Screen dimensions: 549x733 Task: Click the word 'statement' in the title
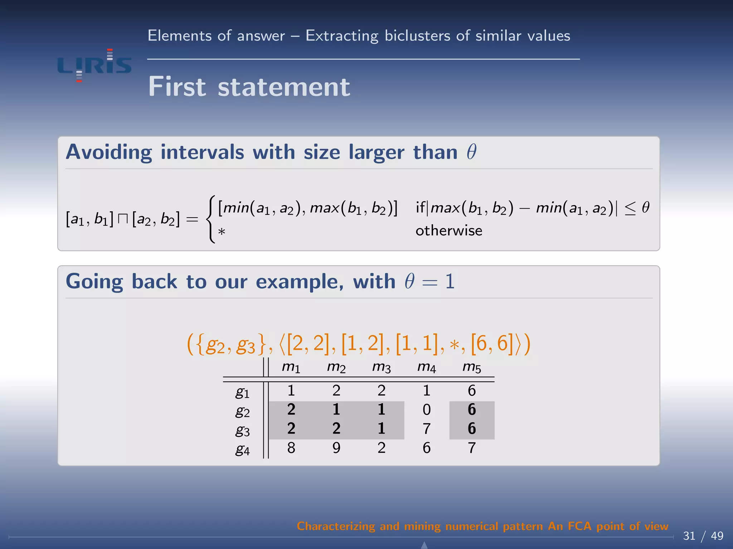(284, 87)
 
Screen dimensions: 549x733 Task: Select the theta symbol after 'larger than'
(471, 152)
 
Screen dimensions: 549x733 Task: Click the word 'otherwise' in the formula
(448, 231)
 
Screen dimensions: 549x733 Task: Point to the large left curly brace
(211, 219)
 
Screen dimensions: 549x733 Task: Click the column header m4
(426, 367)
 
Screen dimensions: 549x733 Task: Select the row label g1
(242, 392)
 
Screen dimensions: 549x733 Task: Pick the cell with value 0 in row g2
(426, 410)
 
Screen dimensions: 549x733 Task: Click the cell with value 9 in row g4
(336, 448)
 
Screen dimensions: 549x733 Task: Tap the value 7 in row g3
(426, 429)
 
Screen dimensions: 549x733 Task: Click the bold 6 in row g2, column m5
(471, 410)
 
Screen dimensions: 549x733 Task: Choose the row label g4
(242, 449)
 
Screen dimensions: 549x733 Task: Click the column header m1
(291, 367)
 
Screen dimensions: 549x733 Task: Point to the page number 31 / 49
(703, 536)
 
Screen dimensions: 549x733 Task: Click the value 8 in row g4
(291, 448)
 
